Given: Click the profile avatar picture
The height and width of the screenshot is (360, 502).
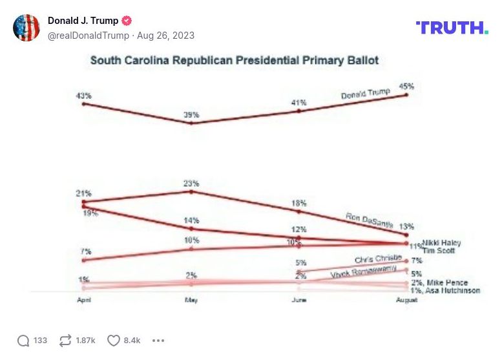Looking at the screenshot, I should click(x=26, y=28).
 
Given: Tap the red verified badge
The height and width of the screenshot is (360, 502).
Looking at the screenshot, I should click(x=127, y=21).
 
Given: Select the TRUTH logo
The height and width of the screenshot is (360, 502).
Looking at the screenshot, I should click(x=452, y=28).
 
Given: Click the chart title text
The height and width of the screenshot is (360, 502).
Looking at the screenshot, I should click(x=234, y=60).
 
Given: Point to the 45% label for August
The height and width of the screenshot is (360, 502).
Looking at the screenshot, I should click(x=406, y=86).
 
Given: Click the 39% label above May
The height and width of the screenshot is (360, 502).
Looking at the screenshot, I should click(x=191, y=115).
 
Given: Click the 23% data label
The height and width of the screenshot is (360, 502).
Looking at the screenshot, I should click(x=191, y=184).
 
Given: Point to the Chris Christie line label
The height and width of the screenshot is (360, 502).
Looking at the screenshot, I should click(x=378, y=259).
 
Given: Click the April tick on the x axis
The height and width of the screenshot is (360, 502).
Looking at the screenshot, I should click(x=84, y=301).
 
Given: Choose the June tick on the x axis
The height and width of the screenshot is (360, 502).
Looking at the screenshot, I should click(x=298, y=301).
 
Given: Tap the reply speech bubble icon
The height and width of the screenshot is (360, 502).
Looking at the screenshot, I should click(x=23, y=341).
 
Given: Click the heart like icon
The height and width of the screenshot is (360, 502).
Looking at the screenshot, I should click(x=114, y=341).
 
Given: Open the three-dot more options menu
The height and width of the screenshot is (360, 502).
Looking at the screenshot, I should click(x=158, y=341).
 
